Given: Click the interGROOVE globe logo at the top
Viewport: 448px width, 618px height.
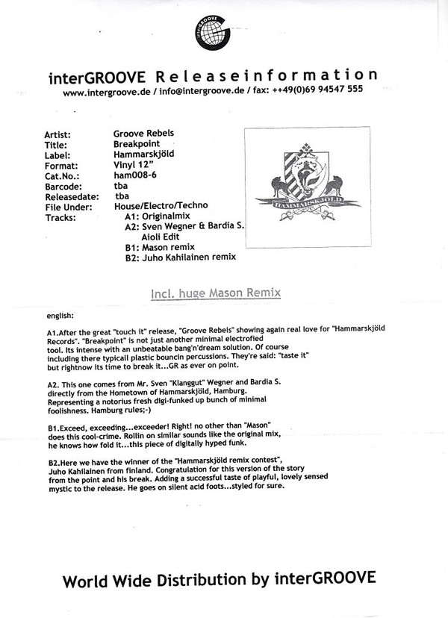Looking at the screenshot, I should pyautogui.click(x=223, y=34).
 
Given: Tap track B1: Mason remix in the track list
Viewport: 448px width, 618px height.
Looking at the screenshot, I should pyautogui.click(x=159, y=247).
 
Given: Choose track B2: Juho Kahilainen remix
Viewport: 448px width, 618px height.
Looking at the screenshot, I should pyautogui.click(x=180, y=257).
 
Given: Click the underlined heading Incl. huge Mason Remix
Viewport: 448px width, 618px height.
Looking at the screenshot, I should pyautogui.click(x=215, y=293).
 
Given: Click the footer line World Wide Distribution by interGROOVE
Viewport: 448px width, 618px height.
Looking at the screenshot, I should pyautogui.click(x=219, y=579).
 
